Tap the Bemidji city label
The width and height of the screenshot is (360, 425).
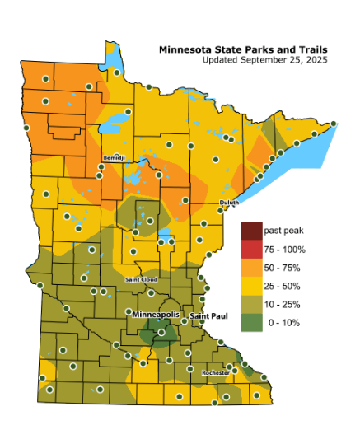[113, 157]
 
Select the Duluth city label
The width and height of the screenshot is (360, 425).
[229, 203]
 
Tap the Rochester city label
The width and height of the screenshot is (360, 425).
[215, 373]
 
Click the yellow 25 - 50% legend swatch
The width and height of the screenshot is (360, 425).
[251, 286]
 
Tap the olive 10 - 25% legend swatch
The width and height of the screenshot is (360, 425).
[251, 304]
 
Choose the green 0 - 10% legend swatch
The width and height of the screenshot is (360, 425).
[251, 322]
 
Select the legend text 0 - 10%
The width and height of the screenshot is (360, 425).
[282, 322]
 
